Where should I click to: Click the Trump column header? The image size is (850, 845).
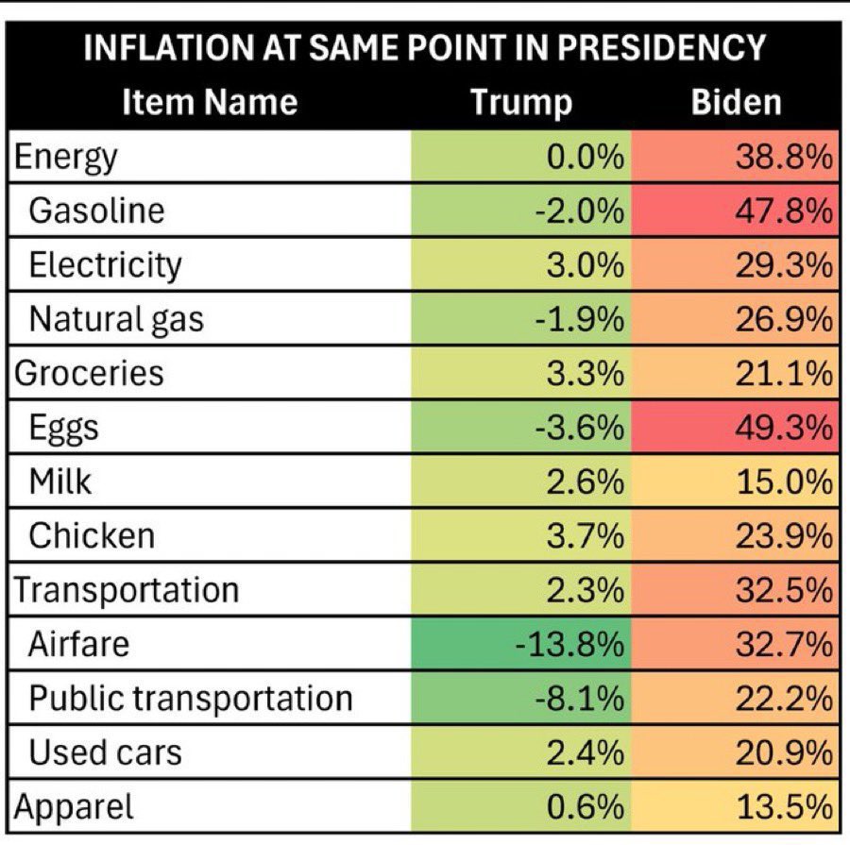click(x=521, y=102)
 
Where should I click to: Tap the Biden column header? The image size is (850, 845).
click(x=736, y=102)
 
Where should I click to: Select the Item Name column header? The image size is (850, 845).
click(x=210, y=102)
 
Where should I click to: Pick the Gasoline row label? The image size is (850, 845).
click(x=96, y=210)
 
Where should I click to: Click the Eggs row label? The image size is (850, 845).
click(x=63, y=428)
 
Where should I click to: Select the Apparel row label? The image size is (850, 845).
click(x=73, y=807)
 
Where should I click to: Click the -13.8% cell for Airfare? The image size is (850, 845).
click(x=569, y=645)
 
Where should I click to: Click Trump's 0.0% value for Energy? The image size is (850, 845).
click(x=586, y=156)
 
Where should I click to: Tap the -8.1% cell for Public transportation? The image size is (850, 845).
click(x=579, y=699)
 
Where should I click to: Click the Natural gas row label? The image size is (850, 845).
click(x=116, y=319)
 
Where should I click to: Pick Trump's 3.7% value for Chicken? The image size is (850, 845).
click(x=586, y=536)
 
